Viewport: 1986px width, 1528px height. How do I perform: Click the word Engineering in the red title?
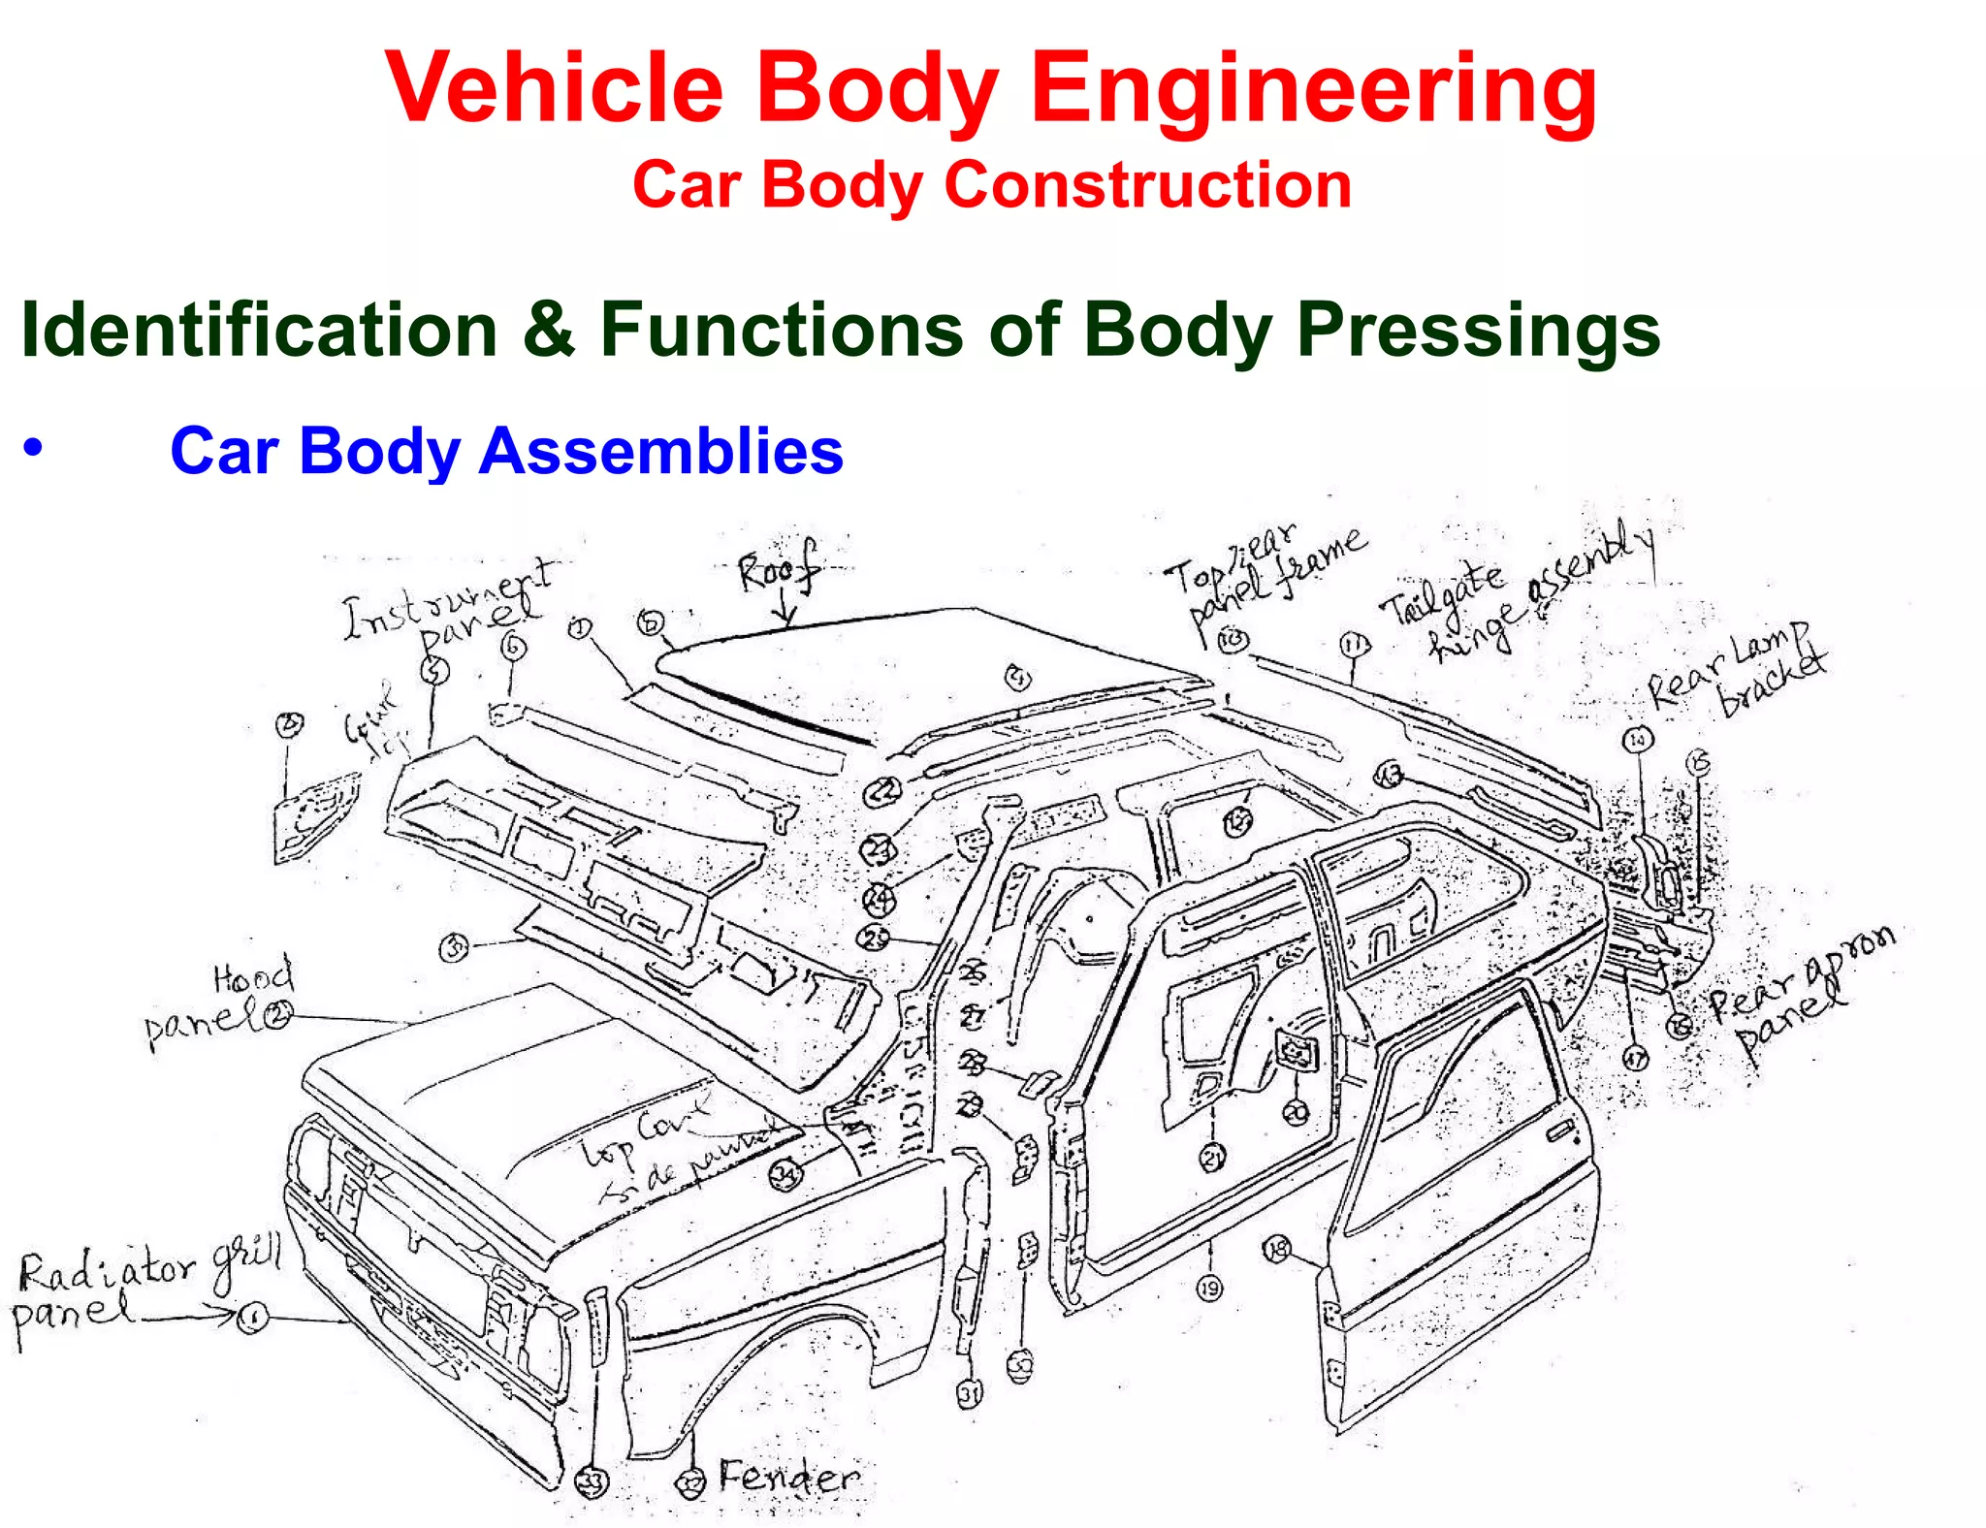pos(1313,89)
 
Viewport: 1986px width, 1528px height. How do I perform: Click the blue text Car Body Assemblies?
pos(506,452)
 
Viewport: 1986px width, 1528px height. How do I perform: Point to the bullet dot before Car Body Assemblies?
pos(34,449)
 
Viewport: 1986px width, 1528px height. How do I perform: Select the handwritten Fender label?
pos(788,1478)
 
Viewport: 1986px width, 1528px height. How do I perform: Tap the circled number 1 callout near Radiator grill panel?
pos(253,1318)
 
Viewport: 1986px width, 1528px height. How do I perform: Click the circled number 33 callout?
pos(592,1481)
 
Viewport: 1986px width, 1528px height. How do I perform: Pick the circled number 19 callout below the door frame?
pos(1209,1289)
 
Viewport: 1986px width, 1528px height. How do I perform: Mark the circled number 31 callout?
pos(970,1394)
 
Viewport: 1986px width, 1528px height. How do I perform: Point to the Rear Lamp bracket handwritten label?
pos(1736,670)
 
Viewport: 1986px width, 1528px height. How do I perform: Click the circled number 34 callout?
pos(785,1174)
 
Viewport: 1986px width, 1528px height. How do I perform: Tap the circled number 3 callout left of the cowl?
pos(454,947)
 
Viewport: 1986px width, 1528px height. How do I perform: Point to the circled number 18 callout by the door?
pos(1277,1250)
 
